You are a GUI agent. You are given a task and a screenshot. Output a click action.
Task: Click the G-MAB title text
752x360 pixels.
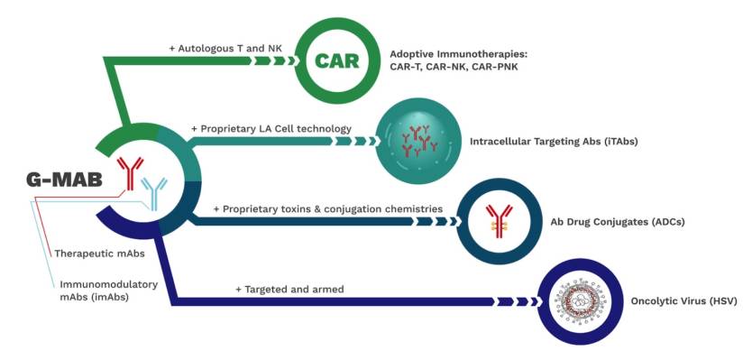[64, 180]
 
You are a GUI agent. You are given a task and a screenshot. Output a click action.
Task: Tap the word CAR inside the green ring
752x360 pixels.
[336, 61]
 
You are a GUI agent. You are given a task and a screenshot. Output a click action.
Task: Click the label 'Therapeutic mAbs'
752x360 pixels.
[100, 253]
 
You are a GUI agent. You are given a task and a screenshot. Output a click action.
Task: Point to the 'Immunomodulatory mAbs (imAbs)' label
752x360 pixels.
[109, 291]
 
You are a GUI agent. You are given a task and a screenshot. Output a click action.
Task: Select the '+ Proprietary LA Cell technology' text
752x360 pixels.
[271, 129]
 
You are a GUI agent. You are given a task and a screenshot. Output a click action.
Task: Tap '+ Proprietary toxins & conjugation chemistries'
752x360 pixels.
[328, 209]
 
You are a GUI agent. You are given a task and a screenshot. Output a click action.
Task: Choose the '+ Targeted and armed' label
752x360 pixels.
[289, 290]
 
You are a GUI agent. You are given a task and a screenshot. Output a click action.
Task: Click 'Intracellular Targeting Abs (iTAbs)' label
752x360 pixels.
[554, 142]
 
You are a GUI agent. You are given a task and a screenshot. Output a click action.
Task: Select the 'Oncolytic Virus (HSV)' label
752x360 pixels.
[683, 301]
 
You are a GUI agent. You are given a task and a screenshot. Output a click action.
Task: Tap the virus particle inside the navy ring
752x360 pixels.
[581, 301]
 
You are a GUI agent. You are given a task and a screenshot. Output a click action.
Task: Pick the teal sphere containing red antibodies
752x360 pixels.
[419, 142]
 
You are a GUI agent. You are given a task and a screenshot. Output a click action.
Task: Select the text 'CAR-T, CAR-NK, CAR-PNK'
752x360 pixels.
[454, 67]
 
